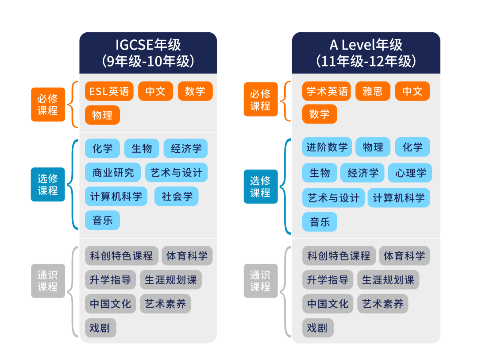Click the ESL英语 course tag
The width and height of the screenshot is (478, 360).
(x=109, y=91)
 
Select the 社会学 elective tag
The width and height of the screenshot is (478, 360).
(x=176, y=197)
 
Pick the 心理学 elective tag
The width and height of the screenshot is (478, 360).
(x=410, y=173)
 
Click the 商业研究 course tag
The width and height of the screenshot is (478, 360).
(x=112, y=173)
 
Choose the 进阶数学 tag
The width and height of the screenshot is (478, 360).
(x=327, y=147)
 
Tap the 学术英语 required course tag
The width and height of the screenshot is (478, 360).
(x=327, y=91)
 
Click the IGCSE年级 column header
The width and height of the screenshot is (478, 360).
(x=148, y=53)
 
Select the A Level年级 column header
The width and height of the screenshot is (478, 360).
(x=366, y=53)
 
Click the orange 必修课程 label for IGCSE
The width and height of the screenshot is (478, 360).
(x=48, y=105)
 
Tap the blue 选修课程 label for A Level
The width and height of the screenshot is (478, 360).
(x=261, y=186)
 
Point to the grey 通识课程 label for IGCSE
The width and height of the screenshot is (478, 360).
(x=48, y=281)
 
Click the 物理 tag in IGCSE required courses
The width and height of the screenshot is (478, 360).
(x=102, y=115)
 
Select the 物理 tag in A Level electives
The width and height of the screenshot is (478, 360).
(x=373, y=147)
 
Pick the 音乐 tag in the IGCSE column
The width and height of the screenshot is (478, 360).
(x=102, y=220)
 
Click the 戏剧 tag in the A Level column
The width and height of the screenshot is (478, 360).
(x=317, y=328)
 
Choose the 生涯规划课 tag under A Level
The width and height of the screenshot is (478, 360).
(x=388, y=280)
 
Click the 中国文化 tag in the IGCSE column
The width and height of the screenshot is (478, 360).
(x=110, y=304)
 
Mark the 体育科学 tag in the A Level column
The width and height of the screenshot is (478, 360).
(x=404, y=255)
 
